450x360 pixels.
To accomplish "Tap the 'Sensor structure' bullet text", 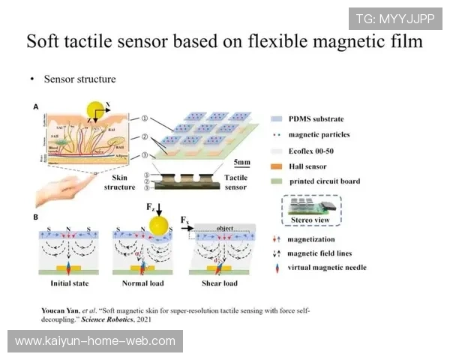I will point(79,79).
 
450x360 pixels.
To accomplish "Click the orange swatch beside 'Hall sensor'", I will point(277,166).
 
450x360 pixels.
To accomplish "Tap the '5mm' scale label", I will point(241,162).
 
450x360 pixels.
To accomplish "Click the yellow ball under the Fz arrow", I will point(158,225).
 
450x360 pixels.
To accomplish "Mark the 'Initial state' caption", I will point(70,283).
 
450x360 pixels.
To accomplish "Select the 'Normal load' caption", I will point(143,283).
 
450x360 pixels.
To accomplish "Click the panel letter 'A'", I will point(35,107).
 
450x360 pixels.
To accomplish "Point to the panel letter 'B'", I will point(35,217).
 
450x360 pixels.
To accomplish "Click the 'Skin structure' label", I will point(118,181).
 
